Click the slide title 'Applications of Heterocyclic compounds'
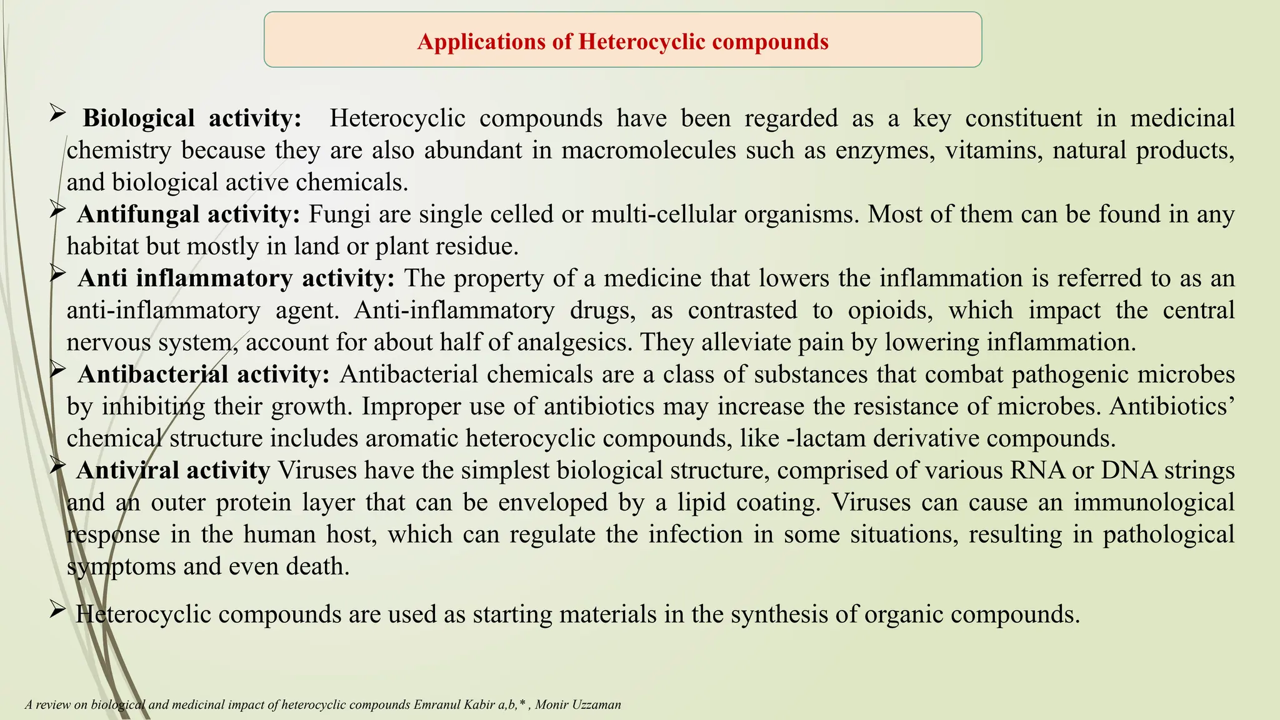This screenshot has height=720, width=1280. (622, 41)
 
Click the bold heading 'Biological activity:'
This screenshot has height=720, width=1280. (192, 118)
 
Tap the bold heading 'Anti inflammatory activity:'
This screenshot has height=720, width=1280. (236, 278)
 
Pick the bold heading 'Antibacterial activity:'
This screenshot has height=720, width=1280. (204, 374)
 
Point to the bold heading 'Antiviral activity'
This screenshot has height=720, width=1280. (173, 470)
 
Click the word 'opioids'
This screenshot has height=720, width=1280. (890, 311)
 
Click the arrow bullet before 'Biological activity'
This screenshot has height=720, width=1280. (57, 114)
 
